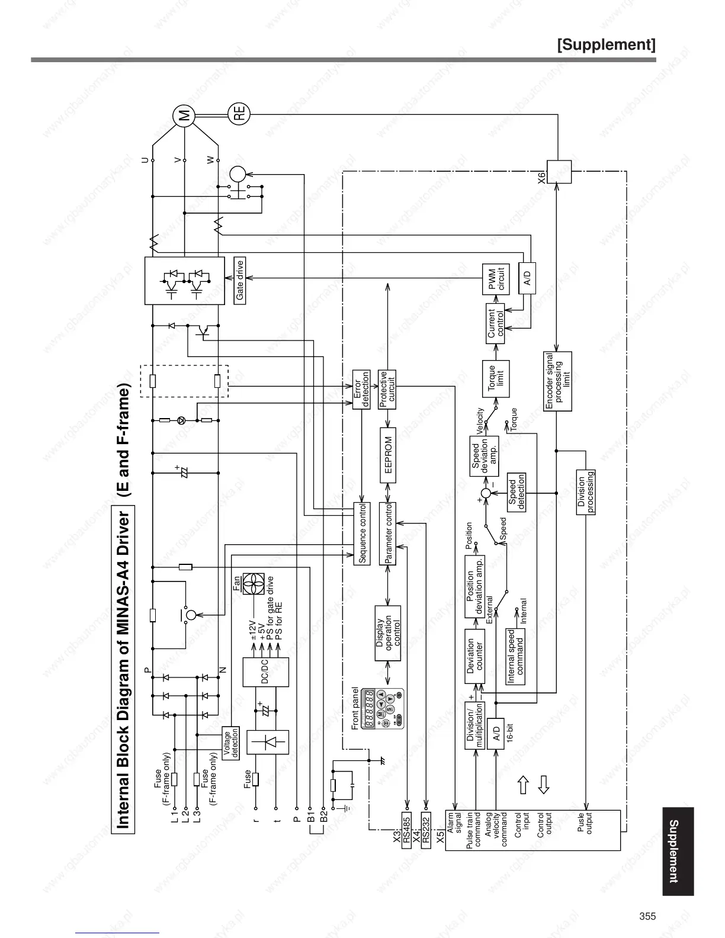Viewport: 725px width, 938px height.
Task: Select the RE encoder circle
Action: tap(239, 113)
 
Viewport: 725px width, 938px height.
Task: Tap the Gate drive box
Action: tap(240, 281)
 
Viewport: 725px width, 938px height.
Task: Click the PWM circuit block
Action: tap(496, 279)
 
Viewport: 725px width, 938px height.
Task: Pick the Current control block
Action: tap(496, 323)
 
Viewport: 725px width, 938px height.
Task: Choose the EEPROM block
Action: tap(387, 453)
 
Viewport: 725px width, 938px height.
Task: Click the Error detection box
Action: tap(361, 389)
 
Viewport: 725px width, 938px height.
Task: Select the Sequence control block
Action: tap(362, 533)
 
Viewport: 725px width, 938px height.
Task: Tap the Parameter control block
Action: tap(387, 533)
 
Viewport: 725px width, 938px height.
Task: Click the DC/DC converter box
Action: tap(265, 672)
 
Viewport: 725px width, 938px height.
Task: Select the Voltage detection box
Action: tap(231, 743)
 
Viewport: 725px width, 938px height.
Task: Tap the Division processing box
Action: tap(586, 492)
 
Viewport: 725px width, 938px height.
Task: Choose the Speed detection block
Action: tap(516, 492)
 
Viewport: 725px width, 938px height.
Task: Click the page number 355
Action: tap(647, 916)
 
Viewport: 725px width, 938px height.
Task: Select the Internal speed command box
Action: tap(515, 656)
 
